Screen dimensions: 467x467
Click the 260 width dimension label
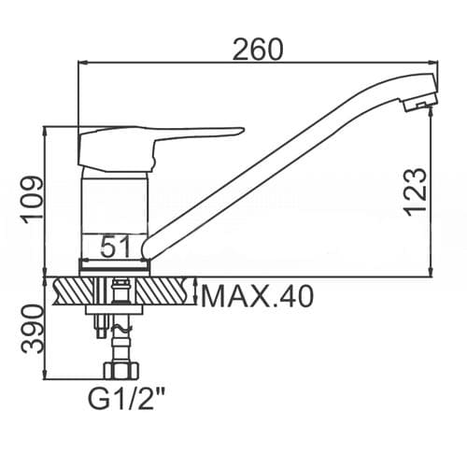(x=258, y=50)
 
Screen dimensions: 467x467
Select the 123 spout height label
(x=416, y=191)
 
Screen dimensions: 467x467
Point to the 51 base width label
(x=115, y=247)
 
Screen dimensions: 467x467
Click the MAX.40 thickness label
(x=257, y=297)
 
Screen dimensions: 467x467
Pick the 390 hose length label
(x=32, y=329)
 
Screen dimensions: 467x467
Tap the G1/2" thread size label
(x=126, y=399)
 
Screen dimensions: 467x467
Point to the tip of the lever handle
(x=242, y=130)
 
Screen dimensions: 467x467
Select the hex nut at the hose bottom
(x=121, y=371)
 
